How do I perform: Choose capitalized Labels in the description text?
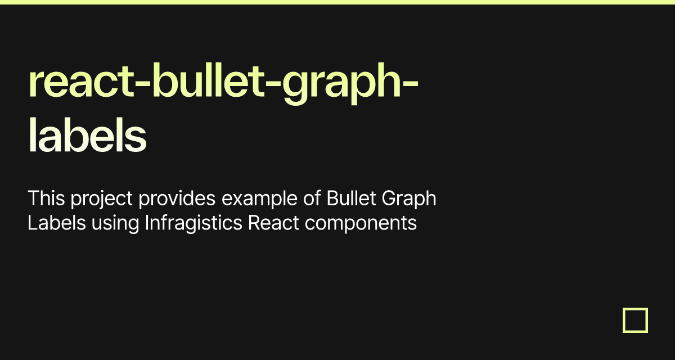57,223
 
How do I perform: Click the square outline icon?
635,320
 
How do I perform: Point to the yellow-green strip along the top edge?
337,2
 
